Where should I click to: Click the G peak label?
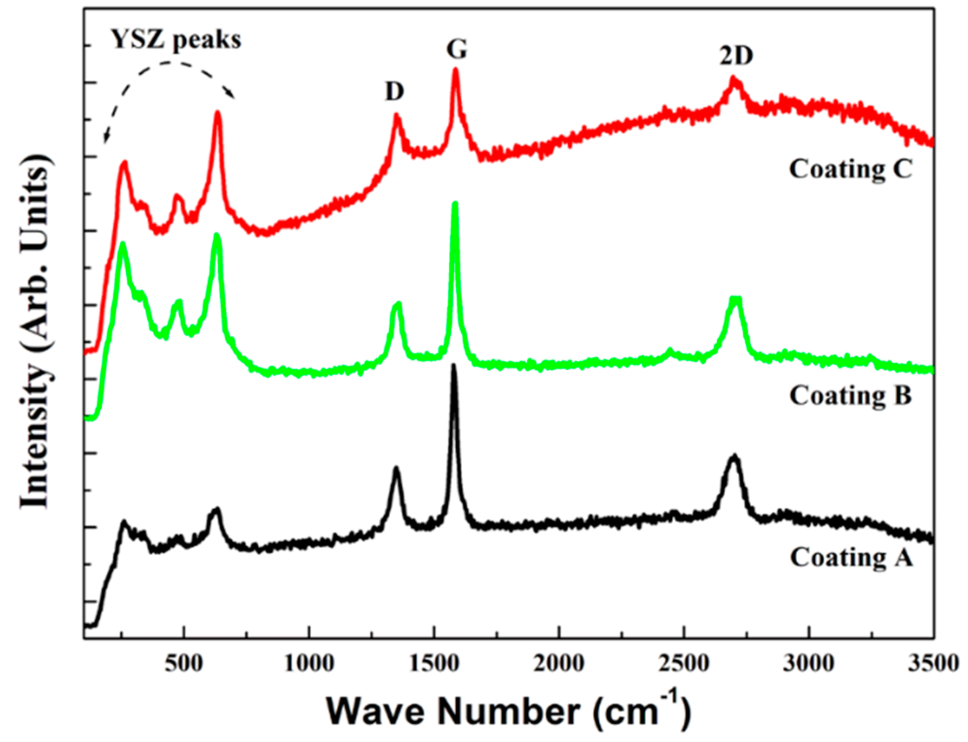point(456,50)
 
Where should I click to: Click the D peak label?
point(394,91)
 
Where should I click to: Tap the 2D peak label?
point(736,56)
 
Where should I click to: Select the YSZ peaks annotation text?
point(176,39)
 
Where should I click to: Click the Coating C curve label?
point(850,169)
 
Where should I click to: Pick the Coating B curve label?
point(850,396)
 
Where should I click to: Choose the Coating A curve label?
point(851,557)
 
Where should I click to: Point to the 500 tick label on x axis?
point(183,663)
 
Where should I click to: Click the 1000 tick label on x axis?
point(309,663)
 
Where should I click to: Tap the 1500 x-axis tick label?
point(434,663)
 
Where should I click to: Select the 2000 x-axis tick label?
point(559,663)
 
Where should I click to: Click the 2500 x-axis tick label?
point(684,663)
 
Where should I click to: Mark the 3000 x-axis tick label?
point(808,663)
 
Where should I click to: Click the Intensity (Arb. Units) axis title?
point(35,331)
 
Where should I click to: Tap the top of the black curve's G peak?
point(454,365)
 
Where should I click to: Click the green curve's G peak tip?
point(455,203)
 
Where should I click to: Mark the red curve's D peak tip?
point(396,115)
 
